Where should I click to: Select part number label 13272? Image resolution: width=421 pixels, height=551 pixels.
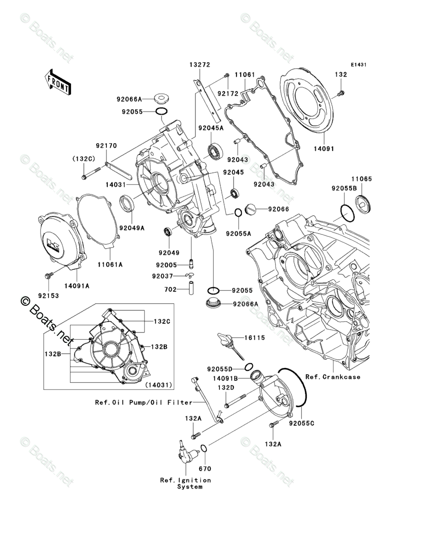200,65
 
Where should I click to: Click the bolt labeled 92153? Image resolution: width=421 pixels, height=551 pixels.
48,275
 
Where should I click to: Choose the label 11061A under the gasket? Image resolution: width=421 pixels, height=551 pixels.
110,265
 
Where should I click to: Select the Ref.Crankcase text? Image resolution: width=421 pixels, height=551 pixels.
333,377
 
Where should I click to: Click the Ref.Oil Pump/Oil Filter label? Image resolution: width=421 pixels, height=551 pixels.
144,403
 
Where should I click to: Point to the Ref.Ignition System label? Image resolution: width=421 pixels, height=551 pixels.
186,483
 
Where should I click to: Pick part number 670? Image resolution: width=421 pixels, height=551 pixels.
205,469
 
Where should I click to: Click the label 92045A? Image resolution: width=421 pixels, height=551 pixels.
210,128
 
